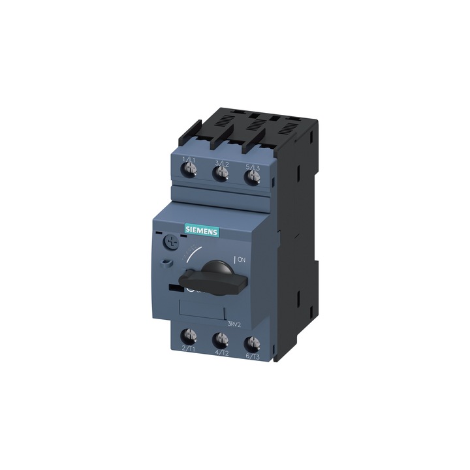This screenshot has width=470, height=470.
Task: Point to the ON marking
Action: (x=241, y=259)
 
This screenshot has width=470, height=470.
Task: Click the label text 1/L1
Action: (x=189, y=160)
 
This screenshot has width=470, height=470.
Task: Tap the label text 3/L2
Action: (x=221, y=163)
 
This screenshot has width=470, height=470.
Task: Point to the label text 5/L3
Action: (x=252, y=166)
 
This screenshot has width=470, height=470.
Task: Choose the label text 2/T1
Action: (x=189, y=350)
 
